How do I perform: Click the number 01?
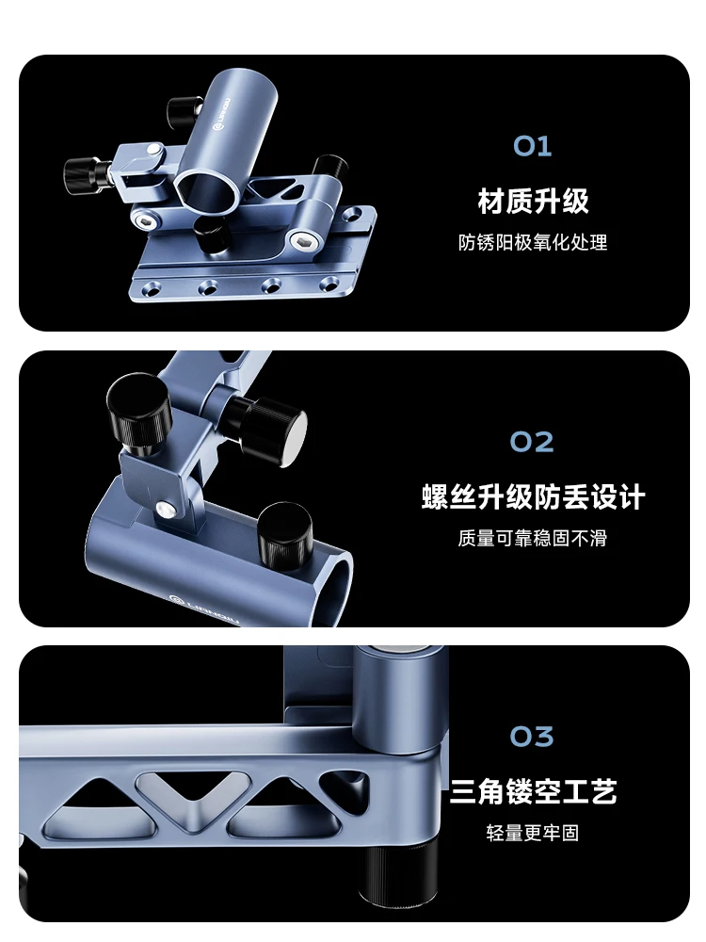coord(532,146)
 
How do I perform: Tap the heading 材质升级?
coord(533,202)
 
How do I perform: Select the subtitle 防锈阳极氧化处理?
coord(533,242)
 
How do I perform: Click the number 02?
coord(532,442)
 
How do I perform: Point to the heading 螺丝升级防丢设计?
coord(533,496)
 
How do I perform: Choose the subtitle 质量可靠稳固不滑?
coord(533,538)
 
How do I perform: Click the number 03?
coord(532,737)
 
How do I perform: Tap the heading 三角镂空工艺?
coord(533,792)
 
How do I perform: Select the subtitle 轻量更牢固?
coord(533,833)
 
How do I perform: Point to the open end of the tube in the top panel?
coord(206,189)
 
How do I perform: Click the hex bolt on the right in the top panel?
coord(304,241)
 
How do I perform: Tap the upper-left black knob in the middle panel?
coord(140,414)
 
